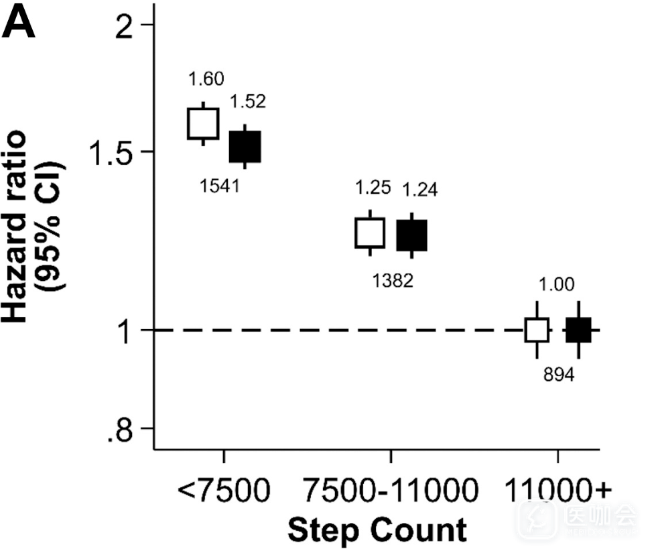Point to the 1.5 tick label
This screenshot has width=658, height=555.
113,151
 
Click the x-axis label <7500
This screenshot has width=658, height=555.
224,491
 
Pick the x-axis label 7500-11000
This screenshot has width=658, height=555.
390,491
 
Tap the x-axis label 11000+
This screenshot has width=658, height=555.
557,491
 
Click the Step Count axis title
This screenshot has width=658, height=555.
377,530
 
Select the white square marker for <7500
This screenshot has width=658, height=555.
203,123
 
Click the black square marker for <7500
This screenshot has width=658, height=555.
245,146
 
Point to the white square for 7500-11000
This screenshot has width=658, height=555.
370,233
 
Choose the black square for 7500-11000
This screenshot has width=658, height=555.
411,235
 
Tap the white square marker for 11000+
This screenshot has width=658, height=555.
537,330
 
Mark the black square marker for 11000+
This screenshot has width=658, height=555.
578,330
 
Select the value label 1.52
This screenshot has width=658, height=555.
248,101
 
